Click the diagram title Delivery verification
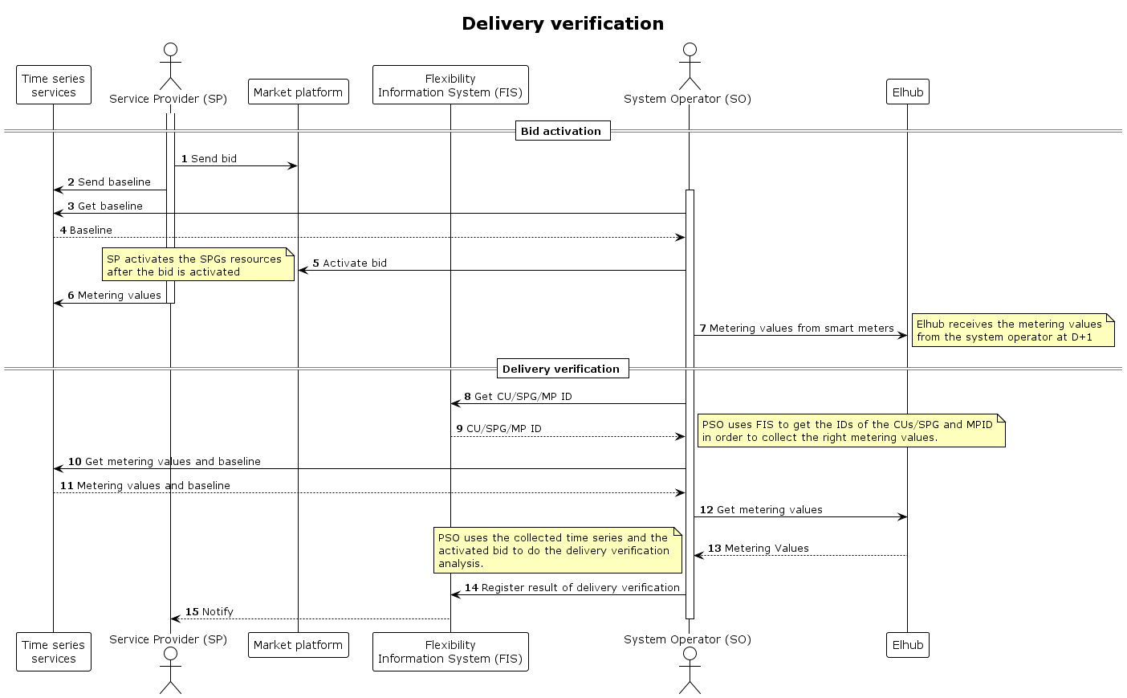click(x=563, y=23)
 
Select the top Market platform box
click(x=298, y=92)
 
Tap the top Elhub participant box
click(x=907, y=92)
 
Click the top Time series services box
click(x=53, y=85)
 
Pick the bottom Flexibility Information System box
click(x=450, y=651)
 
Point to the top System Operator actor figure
click(x=689, y=66)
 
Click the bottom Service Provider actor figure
click(x=170, y=670)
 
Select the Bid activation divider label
click(x=561, y=131)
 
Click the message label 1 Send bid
click(x=209, y=159)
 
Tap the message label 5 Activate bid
click(x=349, y=263)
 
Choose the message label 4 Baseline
click(x=86, y=231)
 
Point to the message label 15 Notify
click(x=210, y=612)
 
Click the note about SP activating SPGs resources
click(x=198, y=265)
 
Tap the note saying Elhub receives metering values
click(x=1012, y=330)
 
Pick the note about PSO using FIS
click(x=851, y=431)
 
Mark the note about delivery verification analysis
click(x=557, y=550)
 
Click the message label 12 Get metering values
click(x=761, y=510)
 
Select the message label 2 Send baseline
click(x=109, y=182)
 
